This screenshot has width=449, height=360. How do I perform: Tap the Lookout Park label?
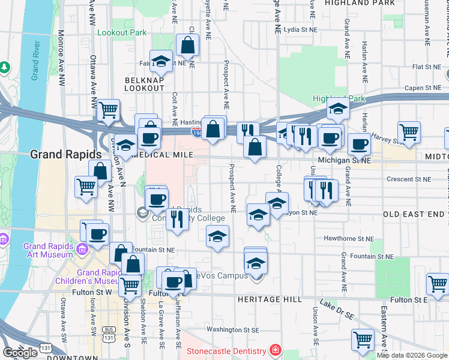point(122,32)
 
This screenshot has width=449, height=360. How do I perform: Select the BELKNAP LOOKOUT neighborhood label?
point(144,84)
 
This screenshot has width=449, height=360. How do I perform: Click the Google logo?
point(20,353)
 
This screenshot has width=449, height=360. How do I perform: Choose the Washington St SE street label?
point(233,329)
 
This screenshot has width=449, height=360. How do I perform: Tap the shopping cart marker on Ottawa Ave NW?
point(109,110)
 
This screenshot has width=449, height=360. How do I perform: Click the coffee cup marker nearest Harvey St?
point(359,144)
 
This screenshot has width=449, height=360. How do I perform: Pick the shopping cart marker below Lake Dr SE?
point(363,339)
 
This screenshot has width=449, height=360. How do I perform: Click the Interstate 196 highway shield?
point(196,131)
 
